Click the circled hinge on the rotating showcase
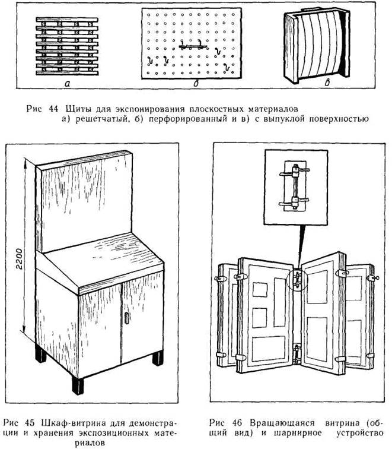[298, 277]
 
